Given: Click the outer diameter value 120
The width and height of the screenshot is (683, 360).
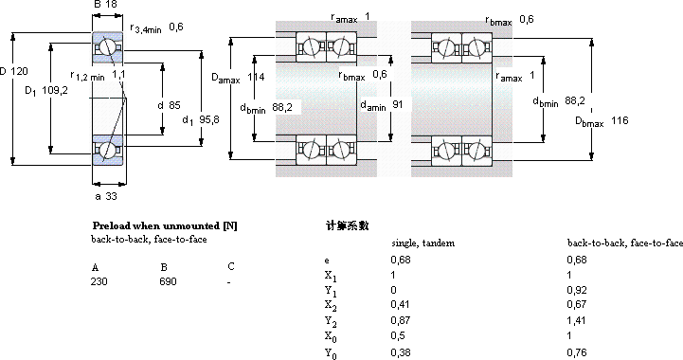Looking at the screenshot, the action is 19,71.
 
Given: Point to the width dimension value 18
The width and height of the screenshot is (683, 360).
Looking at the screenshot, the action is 111,5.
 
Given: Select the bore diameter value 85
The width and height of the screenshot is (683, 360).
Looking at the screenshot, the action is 174,105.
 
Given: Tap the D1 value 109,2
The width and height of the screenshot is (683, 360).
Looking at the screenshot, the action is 55,90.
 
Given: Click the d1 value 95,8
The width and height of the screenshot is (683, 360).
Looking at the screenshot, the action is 209,119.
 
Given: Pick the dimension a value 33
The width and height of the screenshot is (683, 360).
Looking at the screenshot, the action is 111,196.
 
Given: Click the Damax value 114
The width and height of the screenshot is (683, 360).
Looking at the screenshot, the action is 256,77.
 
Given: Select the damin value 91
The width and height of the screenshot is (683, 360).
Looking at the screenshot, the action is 397,104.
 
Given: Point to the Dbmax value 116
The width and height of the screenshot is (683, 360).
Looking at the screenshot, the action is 620,120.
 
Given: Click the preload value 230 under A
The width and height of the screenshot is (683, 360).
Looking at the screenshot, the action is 99,281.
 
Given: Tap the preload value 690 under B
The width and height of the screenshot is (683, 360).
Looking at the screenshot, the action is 168,281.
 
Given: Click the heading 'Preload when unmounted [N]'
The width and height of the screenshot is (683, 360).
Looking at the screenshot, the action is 165,225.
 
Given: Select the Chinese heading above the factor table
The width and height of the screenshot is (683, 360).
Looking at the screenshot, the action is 347,225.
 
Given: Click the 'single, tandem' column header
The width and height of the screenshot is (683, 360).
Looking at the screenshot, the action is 422,243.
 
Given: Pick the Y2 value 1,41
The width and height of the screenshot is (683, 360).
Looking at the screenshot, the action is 576,320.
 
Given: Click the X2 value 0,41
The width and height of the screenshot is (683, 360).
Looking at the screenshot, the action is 401,304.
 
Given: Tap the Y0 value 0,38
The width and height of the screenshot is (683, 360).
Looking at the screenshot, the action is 401,352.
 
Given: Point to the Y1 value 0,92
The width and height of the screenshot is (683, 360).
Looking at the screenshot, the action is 576,290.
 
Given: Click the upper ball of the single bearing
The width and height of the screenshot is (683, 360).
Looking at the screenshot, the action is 107,47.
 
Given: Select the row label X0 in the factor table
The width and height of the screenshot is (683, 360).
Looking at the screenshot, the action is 331,337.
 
